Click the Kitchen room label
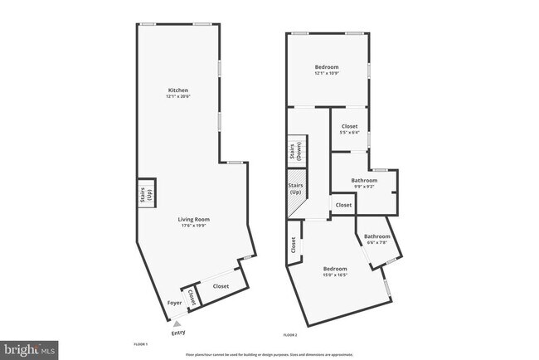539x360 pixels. point(178,90)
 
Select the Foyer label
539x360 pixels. point(174,304)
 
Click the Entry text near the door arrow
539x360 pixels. point(178,333)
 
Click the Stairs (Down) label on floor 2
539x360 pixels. point(295,151)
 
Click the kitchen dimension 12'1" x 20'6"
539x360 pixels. point(178,97)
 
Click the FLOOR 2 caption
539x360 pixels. point(289,335)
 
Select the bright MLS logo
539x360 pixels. point(30,350)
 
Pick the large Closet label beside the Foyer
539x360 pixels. point(221,286)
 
